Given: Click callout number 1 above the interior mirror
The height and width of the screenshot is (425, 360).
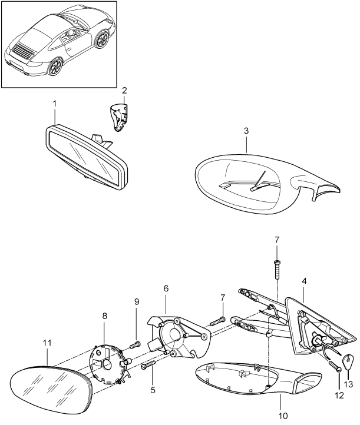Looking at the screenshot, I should point(55,104).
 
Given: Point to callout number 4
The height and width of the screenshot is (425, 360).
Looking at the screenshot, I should point(304,282).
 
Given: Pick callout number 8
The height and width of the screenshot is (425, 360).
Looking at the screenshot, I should point(105,316).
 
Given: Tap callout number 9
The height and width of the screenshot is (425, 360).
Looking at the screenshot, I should point(136,301).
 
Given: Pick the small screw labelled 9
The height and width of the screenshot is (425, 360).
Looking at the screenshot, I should point(134,345).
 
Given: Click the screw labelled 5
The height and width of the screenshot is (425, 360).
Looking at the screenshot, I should point(147,367).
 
